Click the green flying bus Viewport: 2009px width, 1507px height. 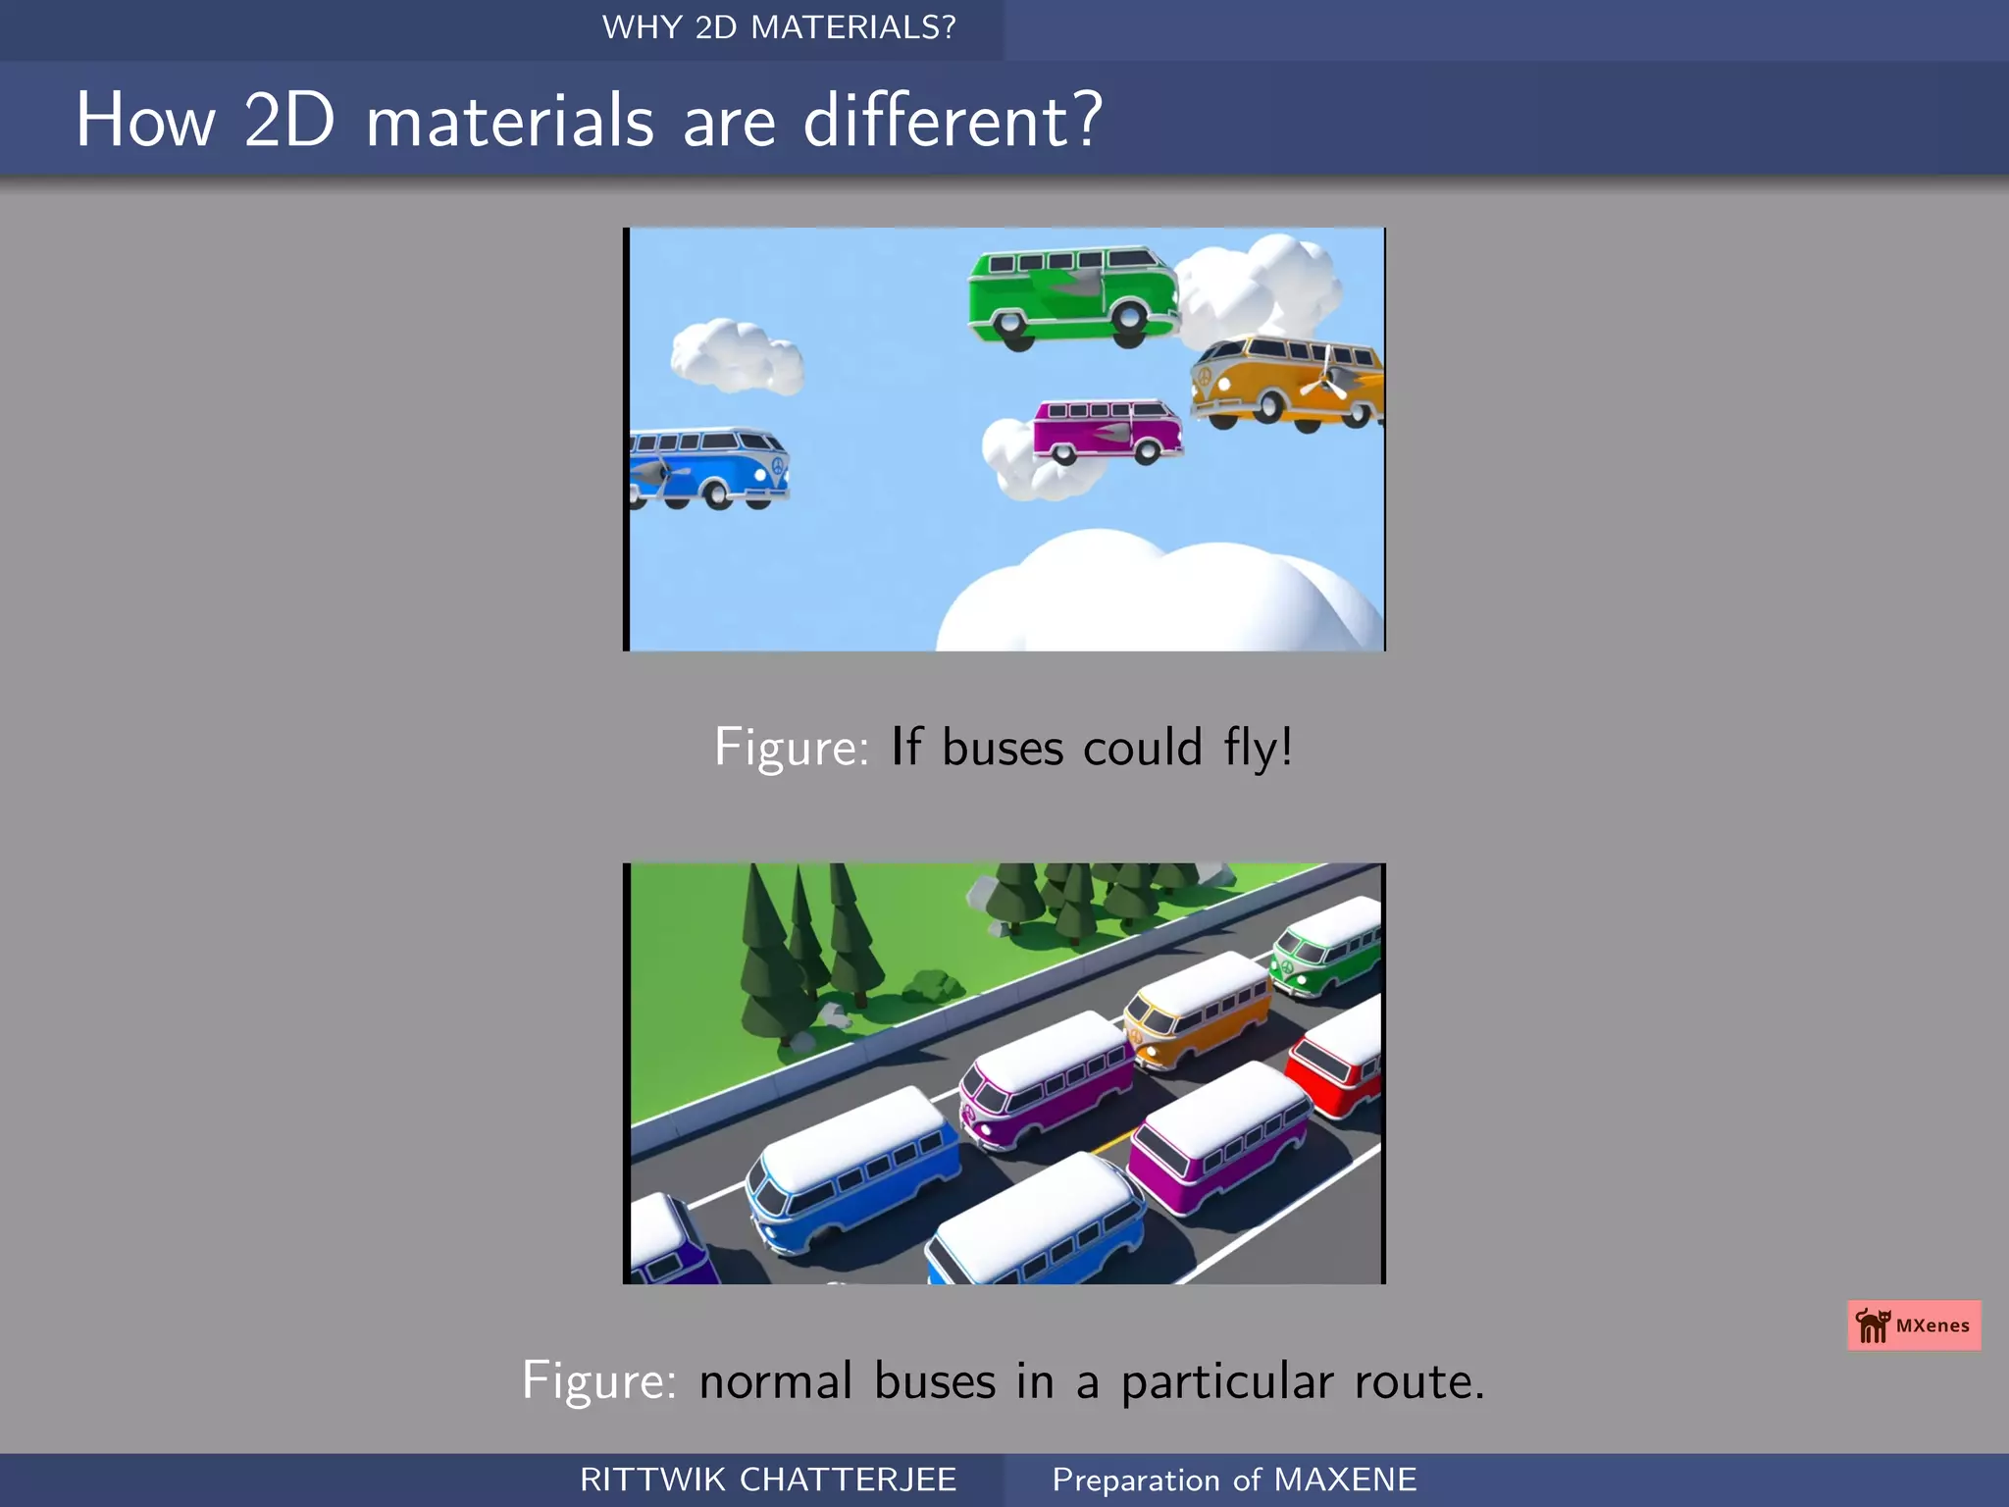(1074, 294)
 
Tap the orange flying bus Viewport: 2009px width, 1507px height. (1285, 383)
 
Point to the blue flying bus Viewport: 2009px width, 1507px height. (708, 467)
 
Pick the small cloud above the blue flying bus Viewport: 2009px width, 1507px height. (736, 356)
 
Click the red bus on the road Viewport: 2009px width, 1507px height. (1336, 1065)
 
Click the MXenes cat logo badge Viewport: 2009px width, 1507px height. (1914, 1325)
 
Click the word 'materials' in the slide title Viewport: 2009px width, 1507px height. (509, 121)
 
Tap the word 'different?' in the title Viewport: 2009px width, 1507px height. (953, 121)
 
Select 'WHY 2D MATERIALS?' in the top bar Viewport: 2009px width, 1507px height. (779, 27)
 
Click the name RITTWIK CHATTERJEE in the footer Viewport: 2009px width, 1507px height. (768, 1480)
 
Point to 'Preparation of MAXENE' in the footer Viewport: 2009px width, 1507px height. (1234, 1480)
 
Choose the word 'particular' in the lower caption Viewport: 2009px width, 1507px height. (1227, 1381)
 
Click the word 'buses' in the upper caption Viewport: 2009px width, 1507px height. (1003, 748)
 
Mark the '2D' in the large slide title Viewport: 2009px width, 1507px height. (289, 121)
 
